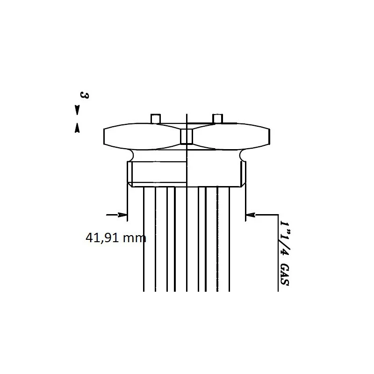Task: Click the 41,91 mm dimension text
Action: [x=115, y=238]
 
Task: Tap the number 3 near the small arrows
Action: [x=84, y=95]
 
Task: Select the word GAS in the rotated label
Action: [x=285, y=275]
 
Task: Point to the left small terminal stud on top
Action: [x=156, y=119]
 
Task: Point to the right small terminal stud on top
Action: [x=217, y=119]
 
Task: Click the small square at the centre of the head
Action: [x=187, y=137]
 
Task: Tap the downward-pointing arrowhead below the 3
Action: [x=77, y=110]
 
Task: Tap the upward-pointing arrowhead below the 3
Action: [x=77, y=128]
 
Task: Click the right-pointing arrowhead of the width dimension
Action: [x=122, y=215]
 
